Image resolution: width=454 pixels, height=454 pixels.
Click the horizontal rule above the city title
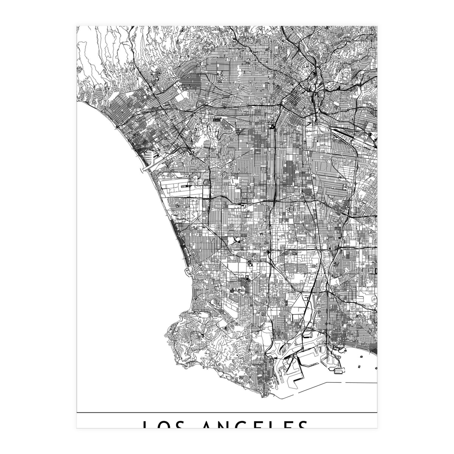(227, 412)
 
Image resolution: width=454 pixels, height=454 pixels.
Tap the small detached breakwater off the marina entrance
(143, 170)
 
